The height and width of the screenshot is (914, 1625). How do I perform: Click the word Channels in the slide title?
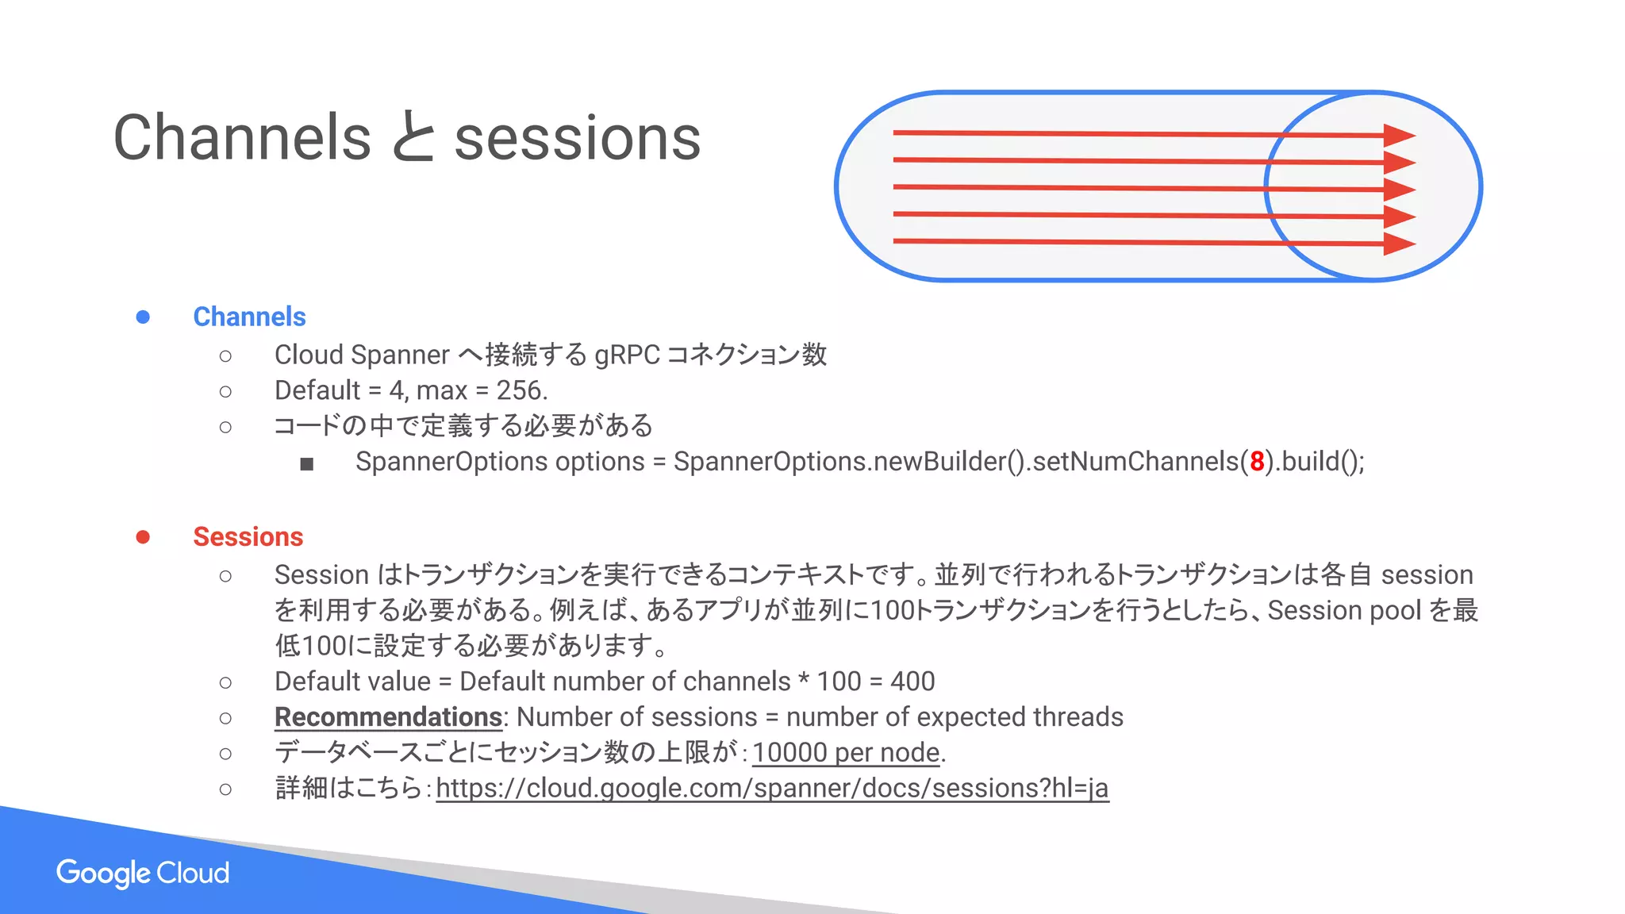[x=242, y=138]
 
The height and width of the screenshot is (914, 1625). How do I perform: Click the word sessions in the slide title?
[x=577, y=138]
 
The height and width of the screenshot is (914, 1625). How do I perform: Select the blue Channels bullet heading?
[x=249, y=317]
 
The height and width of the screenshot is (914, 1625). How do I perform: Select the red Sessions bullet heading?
[x=248, y=537]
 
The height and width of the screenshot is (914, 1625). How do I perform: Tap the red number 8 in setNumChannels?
[x=1257, y=462]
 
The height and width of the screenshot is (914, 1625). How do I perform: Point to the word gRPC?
[x=627, y=355]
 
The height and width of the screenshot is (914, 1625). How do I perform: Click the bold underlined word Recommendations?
[x=388, y=717]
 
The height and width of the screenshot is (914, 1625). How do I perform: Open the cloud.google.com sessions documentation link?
[x=771, y=789]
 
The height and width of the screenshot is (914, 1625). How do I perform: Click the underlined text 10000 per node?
[x=846, y=752]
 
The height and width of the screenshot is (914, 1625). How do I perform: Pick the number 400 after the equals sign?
[x=912, y=682]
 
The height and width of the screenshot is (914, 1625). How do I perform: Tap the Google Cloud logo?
[x=143, y=873]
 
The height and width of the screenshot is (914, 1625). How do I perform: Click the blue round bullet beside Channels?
[x=143, y=317]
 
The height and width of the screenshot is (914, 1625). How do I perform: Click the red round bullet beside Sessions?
[x=143, y=537]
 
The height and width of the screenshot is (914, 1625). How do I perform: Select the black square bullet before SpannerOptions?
[x=307, y=463]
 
